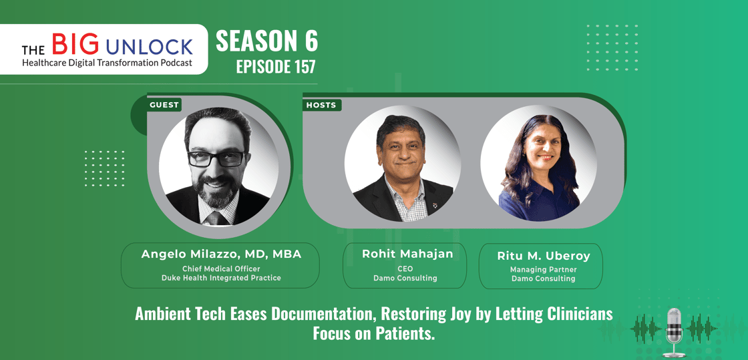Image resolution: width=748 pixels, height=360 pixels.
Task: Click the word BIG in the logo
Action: point(75,44)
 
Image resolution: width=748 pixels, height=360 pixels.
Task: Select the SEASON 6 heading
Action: point(266,42)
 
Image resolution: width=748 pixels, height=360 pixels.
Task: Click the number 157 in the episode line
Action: point(303,67)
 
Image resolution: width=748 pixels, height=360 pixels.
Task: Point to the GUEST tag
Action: point(164,105)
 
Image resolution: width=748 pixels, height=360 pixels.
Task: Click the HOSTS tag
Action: point(322,105)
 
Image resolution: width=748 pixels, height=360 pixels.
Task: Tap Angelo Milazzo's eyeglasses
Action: point(217,158)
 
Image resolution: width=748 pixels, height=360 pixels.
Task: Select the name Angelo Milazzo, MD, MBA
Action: point(221,254)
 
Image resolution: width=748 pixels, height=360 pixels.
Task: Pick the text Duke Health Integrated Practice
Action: point(221,278)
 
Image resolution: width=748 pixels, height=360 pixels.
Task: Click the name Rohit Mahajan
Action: point(407,254)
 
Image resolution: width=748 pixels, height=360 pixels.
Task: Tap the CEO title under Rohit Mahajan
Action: point(405,269)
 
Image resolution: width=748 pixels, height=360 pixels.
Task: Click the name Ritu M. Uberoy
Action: point(544,256)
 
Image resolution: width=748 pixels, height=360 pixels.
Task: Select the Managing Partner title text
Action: point(544,269)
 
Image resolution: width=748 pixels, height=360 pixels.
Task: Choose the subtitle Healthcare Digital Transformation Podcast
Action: point(107,63)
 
